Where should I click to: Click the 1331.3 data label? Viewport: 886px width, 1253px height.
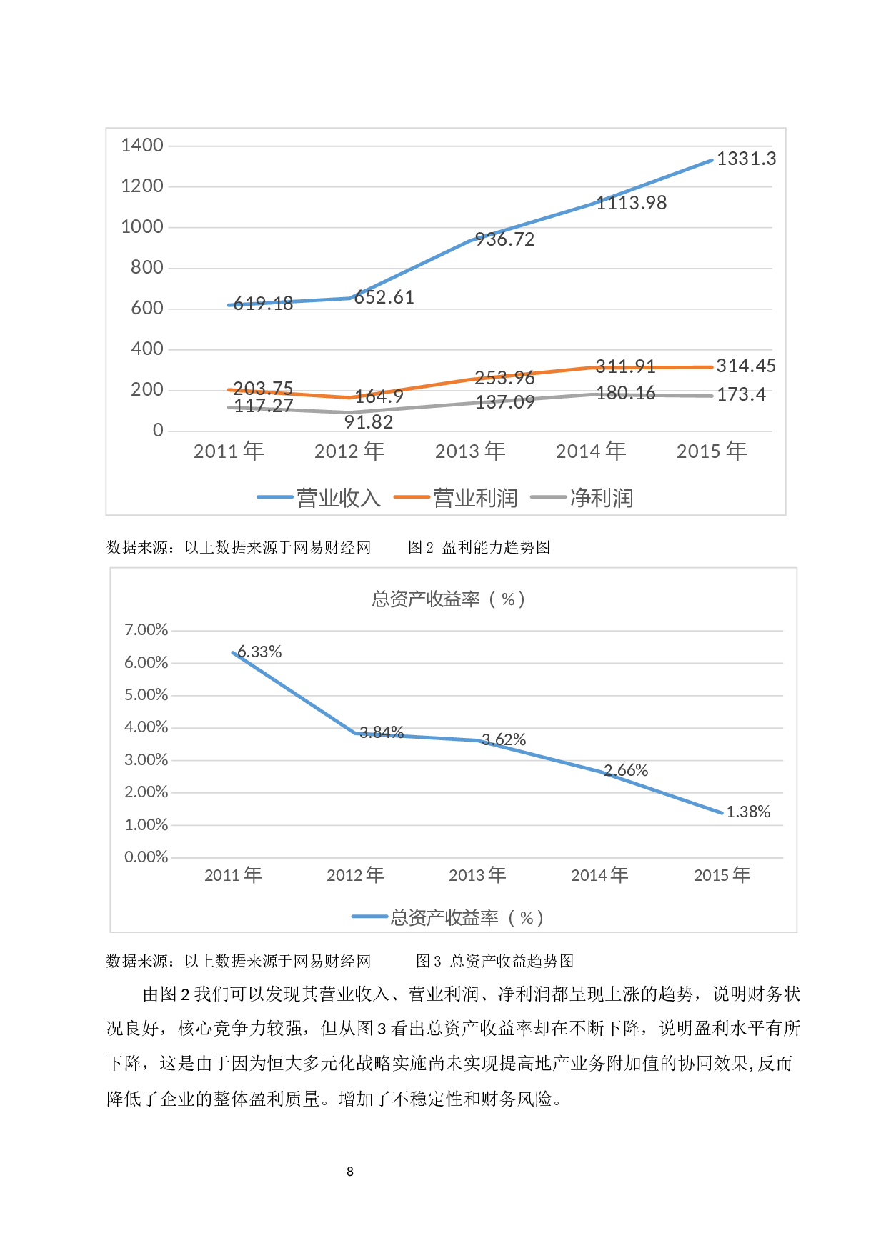click(746, 159)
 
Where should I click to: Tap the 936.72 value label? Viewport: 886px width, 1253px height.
click(504, 240)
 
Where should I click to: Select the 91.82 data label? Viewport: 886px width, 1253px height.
click(369, 422)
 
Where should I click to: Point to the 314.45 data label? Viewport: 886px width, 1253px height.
click(746, 366)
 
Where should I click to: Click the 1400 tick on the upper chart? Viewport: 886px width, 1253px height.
click(142, 145)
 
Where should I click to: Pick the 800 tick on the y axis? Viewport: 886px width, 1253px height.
click(147, 267)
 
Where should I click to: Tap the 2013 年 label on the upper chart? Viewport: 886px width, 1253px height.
click(470, 451)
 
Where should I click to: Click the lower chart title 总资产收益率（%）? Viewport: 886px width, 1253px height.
click(449, 599)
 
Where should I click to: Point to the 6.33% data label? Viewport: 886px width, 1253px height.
click(259, 652)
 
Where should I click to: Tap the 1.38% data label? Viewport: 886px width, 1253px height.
click(748, 812)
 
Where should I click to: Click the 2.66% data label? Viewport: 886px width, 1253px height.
click(626, 770)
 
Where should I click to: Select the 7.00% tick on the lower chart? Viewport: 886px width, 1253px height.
click(146, 629)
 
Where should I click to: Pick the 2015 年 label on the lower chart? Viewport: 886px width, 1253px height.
click(722, 874)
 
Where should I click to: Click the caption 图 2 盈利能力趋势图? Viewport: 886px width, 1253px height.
click(479, 547)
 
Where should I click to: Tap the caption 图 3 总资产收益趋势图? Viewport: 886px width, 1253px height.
click(495, 961)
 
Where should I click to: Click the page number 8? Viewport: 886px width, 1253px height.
click(350, 1171)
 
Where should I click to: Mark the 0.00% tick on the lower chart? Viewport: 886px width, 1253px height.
click(146, 857)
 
